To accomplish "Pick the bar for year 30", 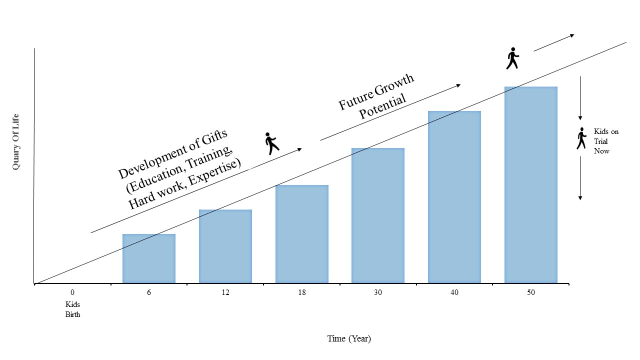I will pos(378,215).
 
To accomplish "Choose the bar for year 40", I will pos(454,197).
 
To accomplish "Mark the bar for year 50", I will pos(531,185).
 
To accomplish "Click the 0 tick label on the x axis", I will pos(72,292).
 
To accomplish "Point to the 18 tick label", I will pos(302,292).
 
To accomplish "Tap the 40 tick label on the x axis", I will pos(454,292).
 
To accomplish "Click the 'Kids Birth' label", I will pos(72,309).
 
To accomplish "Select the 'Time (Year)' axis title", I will pos(349,338).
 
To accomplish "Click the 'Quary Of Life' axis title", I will pos(16,141).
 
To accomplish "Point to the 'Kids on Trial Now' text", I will pos(606,141).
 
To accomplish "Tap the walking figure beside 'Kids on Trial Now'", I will pos(581,138).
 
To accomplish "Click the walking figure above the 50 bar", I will pos(512,58).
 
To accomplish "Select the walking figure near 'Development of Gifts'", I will pos(271,143).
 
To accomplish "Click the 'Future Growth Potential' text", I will pos(379,96).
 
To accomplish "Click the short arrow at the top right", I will pos(554,42).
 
